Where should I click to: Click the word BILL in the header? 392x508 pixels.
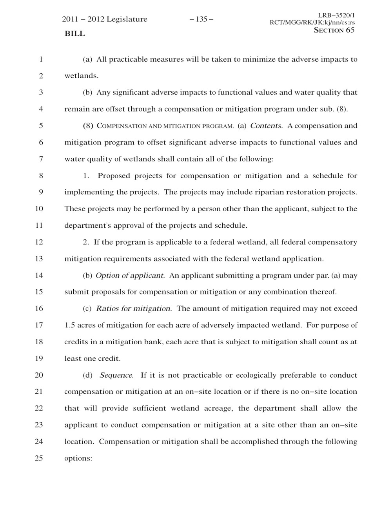[74, 34]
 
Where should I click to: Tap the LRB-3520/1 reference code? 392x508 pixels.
[336, 15]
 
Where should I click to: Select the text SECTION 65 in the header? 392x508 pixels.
[334, 30]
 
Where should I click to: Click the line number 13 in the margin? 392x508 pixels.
[39, 259]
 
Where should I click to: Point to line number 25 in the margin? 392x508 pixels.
[39, 458]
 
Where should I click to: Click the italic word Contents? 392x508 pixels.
[266, 126]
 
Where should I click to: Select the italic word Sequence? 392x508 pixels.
[116, 375]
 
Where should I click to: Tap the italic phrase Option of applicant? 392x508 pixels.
[130, 276]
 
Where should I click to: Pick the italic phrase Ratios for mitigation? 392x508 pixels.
[134, 309]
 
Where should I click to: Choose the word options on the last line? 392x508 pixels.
[78, 458]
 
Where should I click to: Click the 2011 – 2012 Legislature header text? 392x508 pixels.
[105, 19]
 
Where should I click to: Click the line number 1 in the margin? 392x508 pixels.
[40, 60]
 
